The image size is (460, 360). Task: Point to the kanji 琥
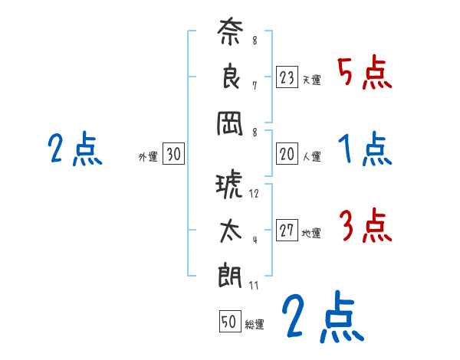tap(229, 186)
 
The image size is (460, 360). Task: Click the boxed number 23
tap(287, 77)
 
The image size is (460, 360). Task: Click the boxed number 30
tap(173, 155)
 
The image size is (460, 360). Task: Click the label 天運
tap(311, 80)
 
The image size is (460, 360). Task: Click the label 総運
tap(255, 324)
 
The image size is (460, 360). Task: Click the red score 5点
tap(364, 73)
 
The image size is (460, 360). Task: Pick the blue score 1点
tap(365, 149)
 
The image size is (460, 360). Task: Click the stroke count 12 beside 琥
tap(255, 193)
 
